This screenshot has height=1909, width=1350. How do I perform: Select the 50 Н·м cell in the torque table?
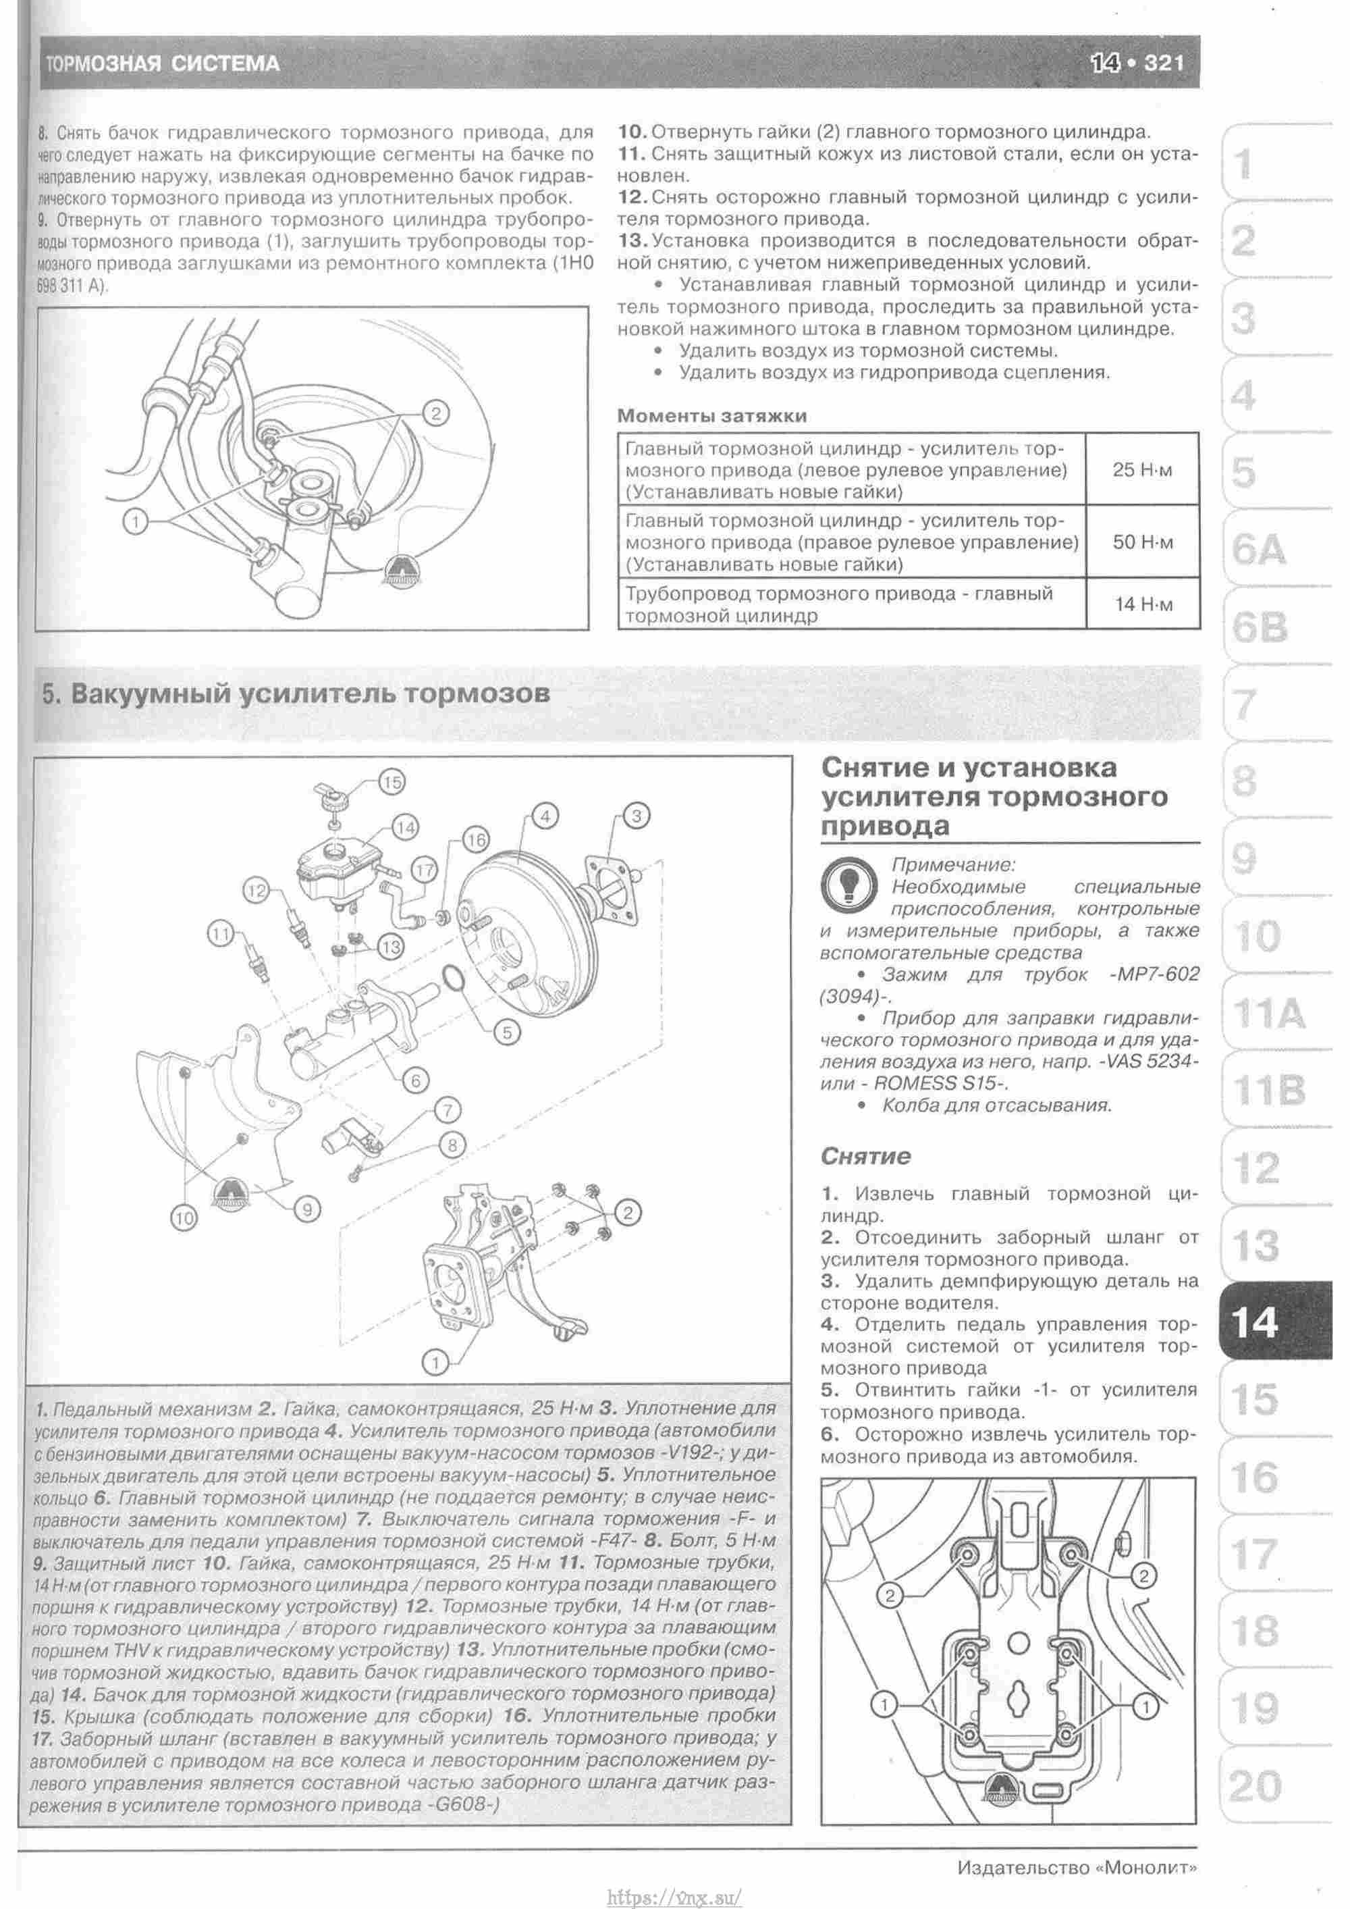(1142, 543)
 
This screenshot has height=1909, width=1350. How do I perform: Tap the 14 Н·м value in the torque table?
(1142, 604)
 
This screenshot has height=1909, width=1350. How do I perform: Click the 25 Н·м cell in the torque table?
(1142, 470)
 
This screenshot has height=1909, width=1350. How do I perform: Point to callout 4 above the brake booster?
(545, 816)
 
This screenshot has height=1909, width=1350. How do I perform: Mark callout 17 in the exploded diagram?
(424, 870)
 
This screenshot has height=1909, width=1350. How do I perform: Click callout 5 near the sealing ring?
(506, 1032)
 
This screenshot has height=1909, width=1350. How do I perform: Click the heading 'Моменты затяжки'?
(711, 416)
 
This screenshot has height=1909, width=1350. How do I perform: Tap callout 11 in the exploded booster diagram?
(219, 935)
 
